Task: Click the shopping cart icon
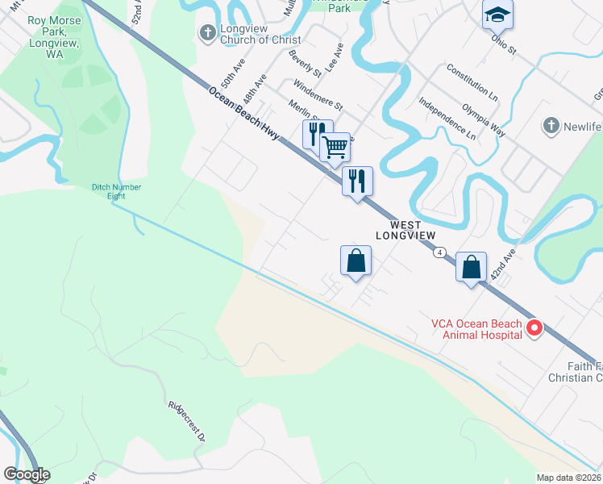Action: pyautogui.click(x=335, y=148)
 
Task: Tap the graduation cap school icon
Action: pyautogui.click(x=497, y=14)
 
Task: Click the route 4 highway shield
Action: pyautogui.click(x=439, y=252)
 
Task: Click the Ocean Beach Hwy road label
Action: pyautogui.click(x=243, y=113)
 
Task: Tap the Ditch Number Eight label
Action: pyautogui.click(x=116, y=191)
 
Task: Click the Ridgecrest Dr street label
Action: pyautogui.click(x=186, y=422)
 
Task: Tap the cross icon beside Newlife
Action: pyautogui.click(x=551, y=126)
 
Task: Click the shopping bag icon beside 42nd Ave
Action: pyautogui.click(x=472, y=265)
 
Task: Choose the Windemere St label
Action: pyautogui.click(x=318, y=94)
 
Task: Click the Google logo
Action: pyautogui.click(x=27, y=474)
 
